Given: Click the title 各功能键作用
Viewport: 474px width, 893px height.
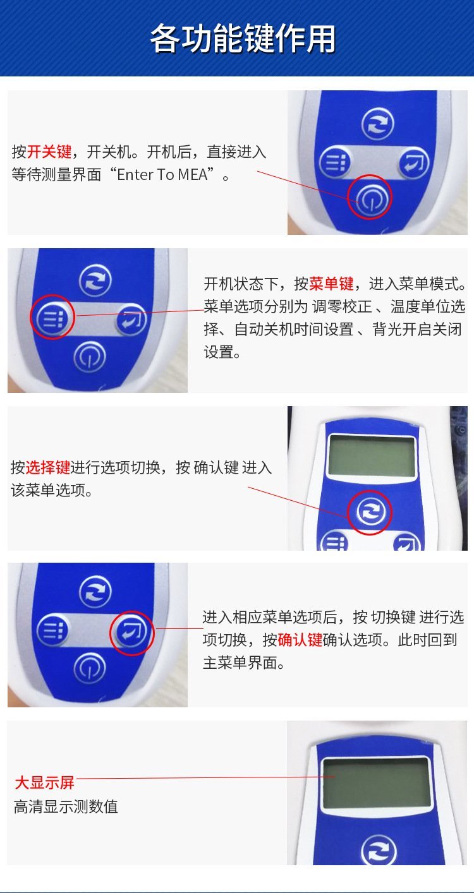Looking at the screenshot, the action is (x=243, y=39).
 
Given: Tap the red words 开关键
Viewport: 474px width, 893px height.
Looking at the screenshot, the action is (x=49, y=152).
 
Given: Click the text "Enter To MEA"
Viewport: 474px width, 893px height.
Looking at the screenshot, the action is (x=162, y=174).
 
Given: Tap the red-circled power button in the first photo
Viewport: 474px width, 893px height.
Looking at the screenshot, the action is (x=370, y=197).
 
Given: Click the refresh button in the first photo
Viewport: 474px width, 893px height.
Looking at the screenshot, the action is (x=377, y=123).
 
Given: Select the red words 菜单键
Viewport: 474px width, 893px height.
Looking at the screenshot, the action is (x=331, y=284).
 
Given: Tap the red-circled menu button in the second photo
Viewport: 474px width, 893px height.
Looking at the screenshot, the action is (x=52, y=317).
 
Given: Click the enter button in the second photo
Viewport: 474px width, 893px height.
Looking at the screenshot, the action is (x=131, y=320).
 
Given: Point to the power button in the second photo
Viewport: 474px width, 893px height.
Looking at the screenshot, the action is (x=89, y=356).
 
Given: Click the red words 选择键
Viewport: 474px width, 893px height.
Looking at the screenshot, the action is (x=48, y=467).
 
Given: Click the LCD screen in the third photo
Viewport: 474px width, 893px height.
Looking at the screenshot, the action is (x=372, y=456).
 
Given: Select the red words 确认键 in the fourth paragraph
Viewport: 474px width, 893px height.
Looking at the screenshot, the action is (x=300, y=640).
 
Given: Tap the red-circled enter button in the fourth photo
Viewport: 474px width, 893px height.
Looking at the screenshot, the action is (x=131, y=633).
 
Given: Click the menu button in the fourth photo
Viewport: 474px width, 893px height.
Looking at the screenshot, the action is (x=52, y=630).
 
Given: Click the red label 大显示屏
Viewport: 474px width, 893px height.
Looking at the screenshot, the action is (x=45, y=782).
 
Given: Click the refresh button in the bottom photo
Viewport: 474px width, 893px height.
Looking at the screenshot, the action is (x=379, y=850).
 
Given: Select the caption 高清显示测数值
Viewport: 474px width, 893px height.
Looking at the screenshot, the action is (x=66, y=807).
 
